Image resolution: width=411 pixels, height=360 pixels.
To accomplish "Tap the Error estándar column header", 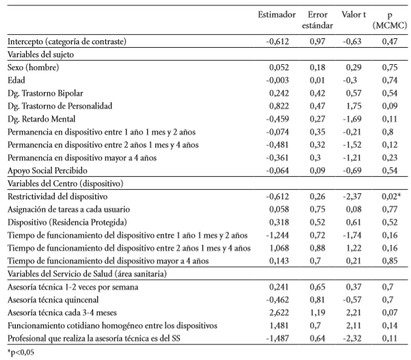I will coord(317,20).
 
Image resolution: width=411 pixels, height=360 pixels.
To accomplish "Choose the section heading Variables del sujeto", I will coord(42,54).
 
